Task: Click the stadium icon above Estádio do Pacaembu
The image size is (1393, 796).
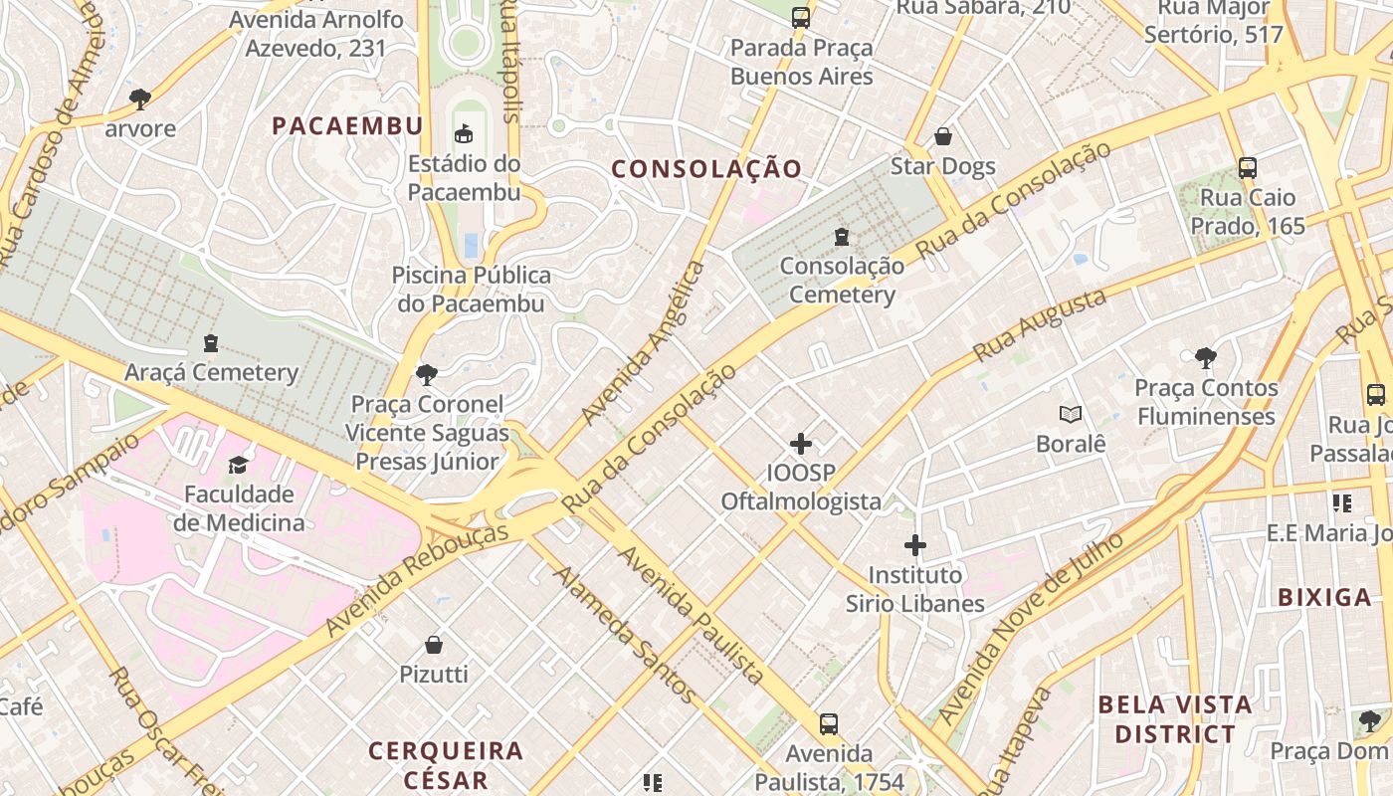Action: pos(464,133)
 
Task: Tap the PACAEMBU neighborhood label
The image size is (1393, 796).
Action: pos(347,126)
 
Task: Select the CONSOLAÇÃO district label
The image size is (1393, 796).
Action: pos(705,169)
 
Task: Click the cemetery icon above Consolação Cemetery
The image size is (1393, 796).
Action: pos(842,237)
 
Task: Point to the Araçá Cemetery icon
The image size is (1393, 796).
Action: pos(211,343)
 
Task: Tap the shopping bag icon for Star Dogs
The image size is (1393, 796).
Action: pos(942,136)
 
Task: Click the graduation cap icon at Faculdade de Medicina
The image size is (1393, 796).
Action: pos(238,465)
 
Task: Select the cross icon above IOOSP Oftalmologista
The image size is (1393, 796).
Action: pos(801,444)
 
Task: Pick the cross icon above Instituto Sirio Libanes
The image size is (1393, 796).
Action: pos(915,545)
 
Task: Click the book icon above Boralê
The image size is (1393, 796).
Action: pos(1071,414)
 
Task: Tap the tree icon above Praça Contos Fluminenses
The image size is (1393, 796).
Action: pos(1205,357)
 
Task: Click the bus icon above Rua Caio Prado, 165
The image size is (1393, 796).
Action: pos(1248,167)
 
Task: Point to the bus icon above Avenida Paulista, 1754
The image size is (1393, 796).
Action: pos(829,723)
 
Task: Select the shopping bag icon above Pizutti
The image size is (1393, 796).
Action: pos(434,645)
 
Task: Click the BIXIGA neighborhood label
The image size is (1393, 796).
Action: pos(1324,598)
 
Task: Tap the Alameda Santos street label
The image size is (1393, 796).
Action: pos(625,633)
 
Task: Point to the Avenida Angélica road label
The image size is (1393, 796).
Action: pos(644,341)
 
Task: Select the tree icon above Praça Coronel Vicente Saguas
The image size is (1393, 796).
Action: pos(427,375)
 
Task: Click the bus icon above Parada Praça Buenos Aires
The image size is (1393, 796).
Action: pos(801,17)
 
